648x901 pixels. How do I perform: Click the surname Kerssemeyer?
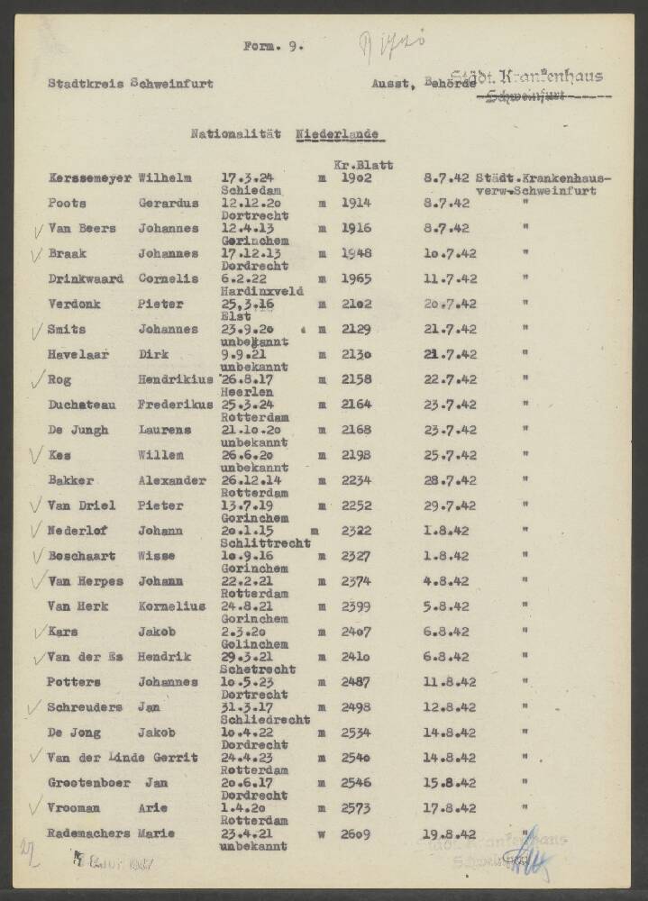pyautogui.click(x=89, y=178)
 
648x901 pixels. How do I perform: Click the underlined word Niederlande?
pyautogui.click(x=337, y=134)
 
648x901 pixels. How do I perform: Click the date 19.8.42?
pyautogui.click(x=449, y=834)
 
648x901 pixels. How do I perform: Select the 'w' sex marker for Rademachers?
pyautogui.click(x=321, y=834)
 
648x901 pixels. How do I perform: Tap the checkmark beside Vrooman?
pyautogui.click(x=36, y=807)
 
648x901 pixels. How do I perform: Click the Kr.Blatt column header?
pyautogui.click(x=363, y=166)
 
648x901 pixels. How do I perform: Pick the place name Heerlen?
pyautogui.click(x=241, y=393)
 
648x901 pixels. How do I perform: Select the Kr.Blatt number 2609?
pyautogui.click(x=356, y=834)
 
